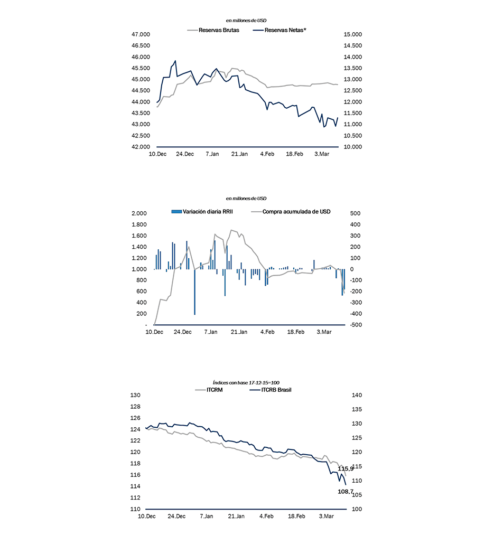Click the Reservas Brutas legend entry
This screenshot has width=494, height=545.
(213, 30)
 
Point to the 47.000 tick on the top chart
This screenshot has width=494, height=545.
(141, 34)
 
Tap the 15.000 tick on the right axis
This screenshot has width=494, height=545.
(353, 34)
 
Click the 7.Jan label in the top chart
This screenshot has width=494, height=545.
(212, 154)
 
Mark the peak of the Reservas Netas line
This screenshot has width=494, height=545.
(175, 61)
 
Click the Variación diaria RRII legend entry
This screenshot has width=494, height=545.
(202, 212)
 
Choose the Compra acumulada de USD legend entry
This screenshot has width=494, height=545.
(291, 212)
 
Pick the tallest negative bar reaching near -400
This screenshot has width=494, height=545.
(194, 292)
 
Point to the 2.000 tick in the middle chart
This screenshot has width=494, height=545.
(139, 213)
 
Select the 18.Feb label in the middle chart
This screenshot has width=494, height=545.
(296, 332)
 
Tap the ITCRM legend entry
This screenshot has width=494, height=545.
(209, 390)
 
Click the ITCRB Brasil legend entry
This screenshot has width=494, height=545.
(271, 390)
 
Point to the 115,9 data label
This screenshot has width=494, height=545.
(345, 469)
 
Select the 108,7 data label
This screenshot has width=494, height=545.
(345, 492)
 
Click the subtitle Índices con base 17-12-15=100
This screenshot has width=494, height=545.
(246, 383)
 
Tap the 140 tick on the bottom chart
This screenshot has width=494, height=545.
(357, 395)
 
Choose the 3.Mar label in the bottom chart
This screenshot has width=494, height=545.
(327, 516)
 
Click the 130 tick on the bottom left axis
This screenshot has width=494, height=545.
(136, 395)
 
